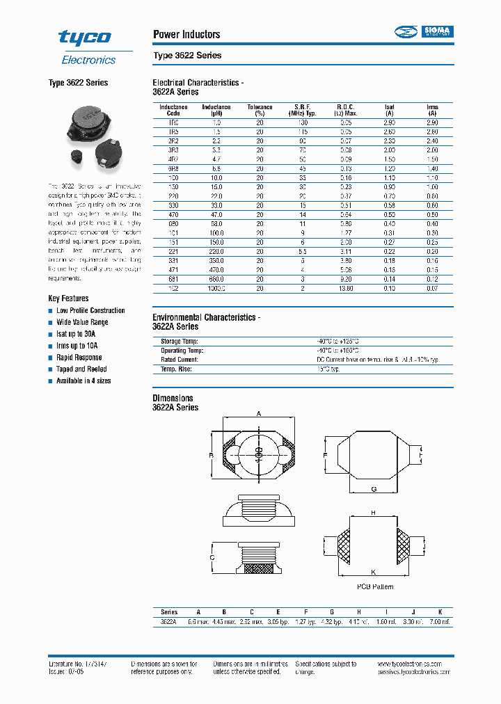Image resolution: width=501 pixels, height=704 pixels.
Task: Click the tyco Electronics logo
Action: pos(86,47)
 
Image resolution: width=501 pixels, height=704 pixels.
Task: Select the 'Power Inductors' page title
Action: pos(186,35)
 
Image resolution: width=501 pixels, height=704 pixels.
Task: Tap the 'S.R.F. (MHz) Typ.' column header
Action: pos(302,110)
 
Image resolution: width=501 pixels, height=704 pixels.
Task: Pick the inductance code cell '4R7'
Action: pos(173,159)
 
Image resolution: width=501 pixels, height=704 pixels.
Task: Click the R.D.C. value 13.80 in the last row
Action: pos(346,288)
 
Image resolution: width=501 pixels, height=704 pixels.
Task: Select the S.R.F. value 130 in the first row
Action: pos(303,122)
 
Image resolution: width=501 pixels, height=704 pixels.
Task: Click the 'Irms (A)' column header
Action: pos(432,110)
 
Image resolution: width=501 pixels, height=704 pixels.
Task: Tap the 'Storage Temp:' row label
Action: pos(180,342)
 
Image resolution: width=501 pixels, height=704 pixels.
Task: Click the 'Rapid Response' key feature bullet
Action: pos(79,358)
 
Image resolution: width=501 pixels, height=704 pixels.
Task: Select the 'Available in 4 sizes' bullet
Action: pos(83,381)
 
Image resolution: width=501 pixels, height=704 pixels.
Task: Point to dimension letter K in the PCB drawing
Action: pos(374,572)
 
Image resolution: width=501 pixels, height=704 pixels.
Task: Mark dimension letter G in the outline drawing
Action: pos(374,490)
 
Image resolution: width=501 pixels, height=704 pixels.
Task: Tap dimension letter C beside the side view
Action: pos(212,558)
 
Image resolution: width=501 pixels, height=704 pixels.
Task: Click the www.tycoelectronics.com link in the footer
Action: pos(415,664)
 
